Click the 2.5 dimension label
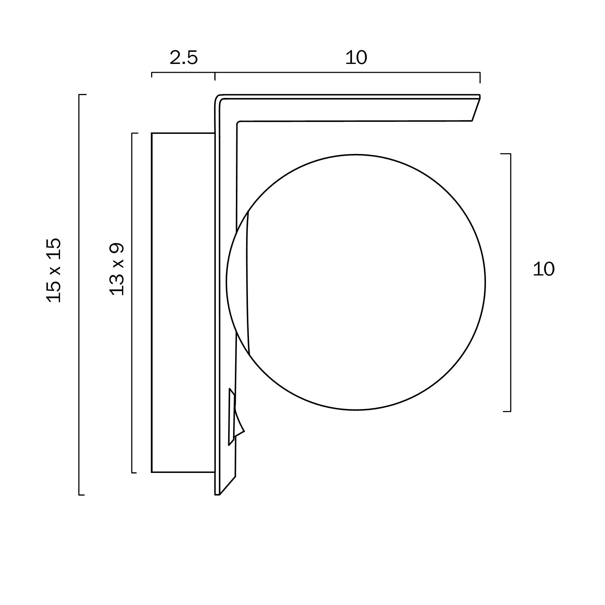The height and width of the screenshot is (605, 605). pyautogui.click(x=184, y=58)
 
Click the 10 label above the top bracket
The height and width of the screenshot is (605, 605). pyautogui.click(x=356, y=58)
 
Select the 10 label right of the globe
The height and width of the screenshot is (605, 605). pyautogui.click(x=544, y=269)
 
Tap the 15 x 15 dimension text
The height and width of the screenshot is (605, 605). pyautogui.click(x=54, y=270)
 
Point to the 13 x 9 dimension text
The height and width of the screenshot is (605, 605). pyautogui.click(x=117, y=269)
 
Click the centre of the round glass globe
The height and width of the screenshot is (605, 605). pyautogui.click(x=356, y=282)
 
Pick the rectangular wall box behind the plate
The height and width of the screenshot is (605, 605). pyautogui.click(x=183, y=302)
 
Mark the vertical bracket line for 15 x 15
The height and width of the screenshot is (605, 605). pyautogui.click(x=79, y=295)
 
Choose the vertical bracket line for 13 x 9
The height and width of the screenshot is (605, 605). pyautogui.click(x=132, y=302)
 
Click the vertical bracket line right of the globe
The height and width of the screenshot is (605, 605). pyautogui.click(x=511, y=283)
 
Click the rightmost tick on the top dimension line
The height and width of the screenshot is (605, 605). pyautogui.click(x=480, y=77)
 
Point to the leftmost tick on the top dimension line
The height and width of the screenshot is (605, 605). pyautogui.click(x=152, y=74)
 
